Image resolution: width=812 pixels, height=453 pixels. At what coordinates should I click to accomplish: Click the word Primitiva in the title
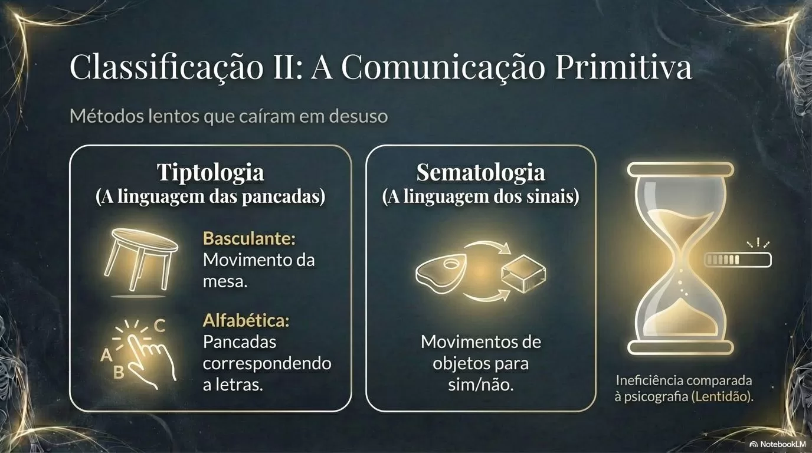(x=624, y=67)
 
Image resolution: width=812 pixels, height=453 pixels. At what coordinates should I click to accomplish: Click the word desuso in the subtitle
(x=359, y=117)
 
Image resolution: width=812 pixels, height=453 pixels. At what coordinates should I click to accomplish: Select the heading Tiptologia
(x=211, y=173)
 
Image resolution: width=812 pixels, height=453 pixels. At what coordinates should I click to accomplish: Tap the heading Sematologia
(x=481, y=172)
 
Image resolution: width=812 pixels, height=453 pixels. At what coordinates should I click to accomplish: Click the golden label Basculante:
(x=249, y=238)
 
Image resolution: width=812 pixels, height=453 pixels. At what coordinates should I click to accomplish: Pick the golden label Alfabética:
(x=246, y=320)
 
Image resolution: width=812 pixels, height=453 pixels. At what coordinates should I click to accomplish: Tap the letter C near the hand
(x=159, y=326)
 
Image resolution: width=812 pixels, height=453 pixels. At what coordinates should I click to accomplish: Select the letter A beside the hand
(x=106, y=355)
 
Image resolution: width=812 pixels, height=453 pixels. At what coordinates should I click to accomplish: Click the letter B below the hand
(x=119, y=372)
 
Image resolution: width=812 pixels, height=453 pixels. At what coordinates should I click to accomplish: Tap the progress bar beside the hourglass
(x=738, y=260)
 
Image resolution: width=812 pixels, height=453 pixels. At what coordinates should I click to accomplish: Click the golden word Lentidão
(x=722, y=396)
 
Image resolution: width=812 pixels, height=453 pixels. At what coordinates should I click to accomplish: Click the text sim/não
(x=481, y=385)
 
